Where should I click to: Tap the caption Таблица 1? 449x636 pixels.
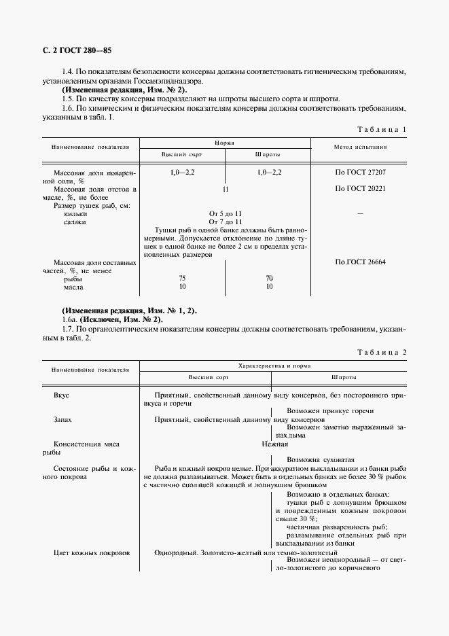click(381, 129)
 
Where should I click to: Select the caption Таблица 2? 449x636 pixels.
click(381, 351)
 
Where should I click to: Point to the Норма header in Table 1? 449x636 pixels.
click(225, 143)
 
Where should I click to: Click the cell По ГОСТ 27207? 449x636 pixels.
click(360, 173)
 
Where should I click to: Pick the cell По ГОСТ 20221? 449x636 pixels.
click(360, 188)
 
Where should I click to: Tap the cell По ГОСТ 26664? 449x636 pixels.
click(360, 262)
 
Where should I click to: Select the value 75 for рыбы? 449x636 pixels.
click(182, 278)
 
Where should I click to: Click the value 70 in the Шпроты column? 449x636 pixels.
click(269, 278)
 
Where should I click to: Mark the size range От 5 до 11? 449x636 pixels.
click(224, 213)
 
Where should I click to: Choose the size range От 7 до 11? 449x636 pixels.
click(224, 222)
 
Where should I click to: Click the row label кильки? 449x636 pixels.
click(75, 213)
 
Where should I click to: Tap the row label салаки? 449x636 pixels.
click(75, 222)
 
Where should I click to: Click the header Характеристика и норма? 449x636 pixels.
click(273, 366)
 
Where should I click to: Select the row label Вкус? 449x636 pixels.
click(61, 395)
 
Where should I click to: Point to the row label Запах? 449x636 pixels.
click(63, 420)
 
